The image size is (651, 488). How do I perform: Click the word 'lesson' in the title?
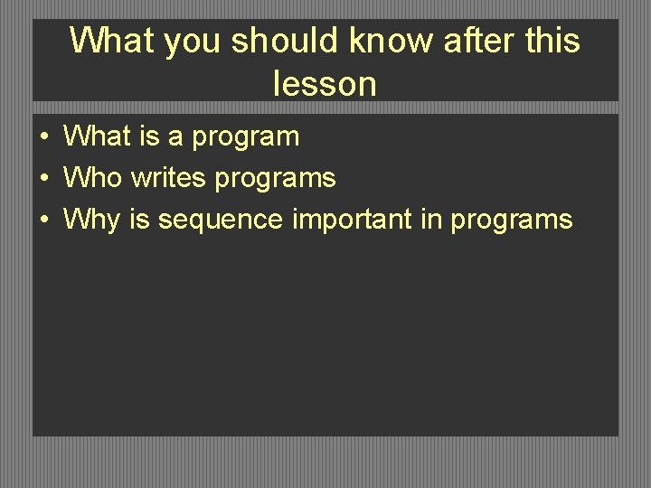(325, 84)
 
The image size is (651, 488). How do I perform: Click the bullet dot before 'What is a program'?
(43, 137)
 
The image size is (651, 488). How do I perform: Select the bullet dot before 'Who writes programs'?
(43, 179)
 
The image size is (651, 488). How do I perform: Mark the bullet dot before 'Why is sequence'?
(43, 220)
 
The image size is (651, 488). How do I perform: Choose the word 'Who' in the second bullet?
(92, 178)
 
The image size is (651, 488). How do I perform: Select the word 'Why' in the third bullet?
(93, 220)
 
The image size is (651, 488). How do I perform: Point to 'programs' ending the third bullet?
(512, 221)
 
